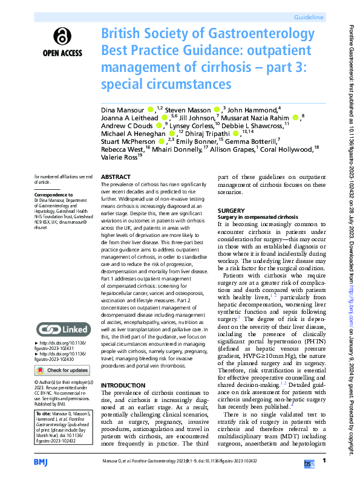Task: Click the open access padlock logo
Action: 62,37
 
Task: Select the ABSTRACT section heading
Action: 116,177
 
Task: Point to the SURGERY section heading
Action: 231,210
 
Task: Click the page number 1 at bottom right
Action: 324,461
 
